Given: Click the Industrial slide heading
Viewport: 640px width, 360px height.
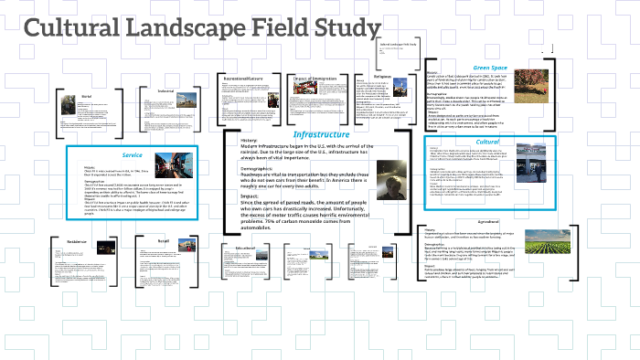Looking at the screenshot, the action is pyautogui.click(x=166, y=91).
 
